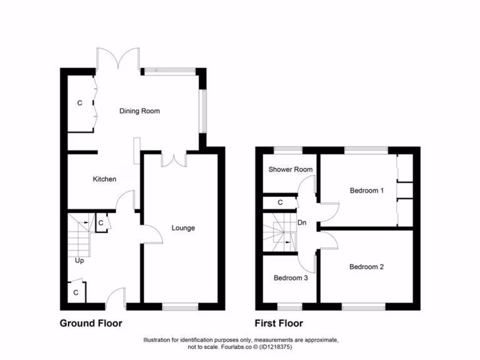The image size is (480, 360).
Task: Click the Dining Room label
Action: (139, 111)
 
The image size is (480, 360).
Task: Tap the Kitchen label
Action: (104, 179)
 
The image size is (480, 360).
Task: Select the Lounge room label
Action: (183, 228)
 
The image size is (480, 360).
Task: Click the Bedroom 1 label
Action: (367, 191)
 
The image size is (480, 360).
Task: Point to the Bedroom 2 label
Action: (367, 267)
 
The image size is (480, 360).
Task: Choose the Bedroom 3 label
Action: (291, 278)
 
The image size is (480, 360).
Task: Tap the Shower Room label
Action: (290, 170)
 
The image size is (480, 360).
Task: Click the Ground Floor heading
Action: (91, 323)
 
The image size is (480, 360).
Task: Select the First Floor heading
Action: (278, 323)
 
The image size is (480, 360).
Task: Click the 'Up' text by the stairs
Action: (79, 261)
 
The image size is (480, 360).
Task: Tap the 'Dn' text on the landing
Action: (302, 223)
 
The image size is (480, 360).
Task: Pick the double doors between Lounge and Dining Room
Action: (174, 160)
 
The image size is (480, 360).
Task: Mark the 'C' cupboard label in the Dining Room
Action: (79, 103)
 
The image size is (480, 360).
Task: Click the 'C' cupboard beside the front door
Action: (75, 293)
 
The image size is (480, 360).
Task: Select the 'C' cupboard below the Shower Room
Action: (280, 202)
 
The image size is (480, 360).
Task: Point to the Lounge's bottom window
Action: (180, 307)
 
